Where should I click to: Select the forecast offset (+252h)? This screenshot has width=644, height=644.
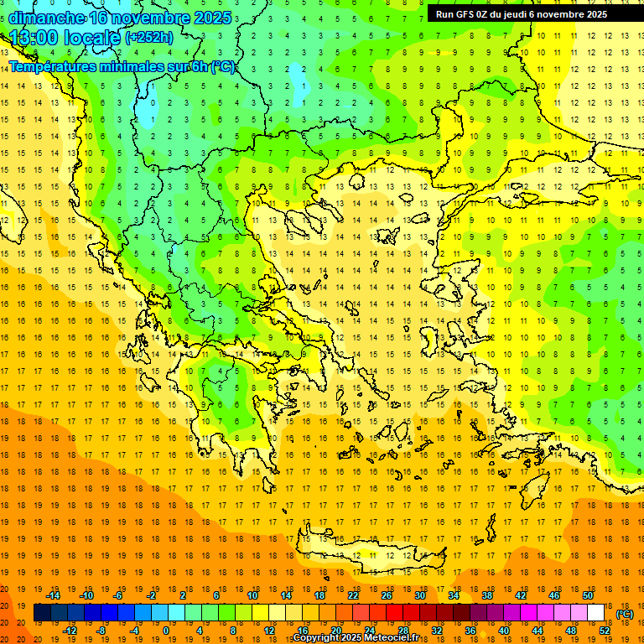point(149,38)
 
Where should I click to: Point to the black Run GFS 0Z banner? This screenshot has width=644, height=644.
point(527,13)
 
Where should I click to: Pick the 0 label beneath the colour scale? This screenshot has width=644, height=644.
point(166,631)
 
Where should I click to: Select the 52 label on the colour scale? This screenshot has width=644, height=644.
point(605,631)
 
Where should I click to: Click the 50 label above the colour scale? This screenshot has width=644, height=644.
point(588,595)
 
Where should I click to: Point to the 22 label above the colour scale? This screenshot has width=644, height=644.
point(353,595)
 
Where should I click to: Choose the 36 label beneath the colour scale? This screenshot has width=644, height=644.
point(470,631)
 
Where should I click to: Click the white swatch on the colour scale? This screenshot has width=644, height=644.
point(596,613)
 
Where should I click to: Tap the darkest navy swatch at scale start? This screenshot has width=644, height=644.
point(43,613)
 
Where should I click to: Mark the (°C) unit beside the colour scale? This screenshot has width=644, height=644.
point(625,614)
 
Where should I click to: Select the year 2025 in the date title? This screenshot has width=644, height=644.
point(206,18)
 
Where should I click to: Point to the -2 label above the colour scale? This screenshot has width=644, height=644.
point(152,595)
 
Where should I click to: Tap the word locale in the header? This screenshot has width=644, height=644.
point(95,38)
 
